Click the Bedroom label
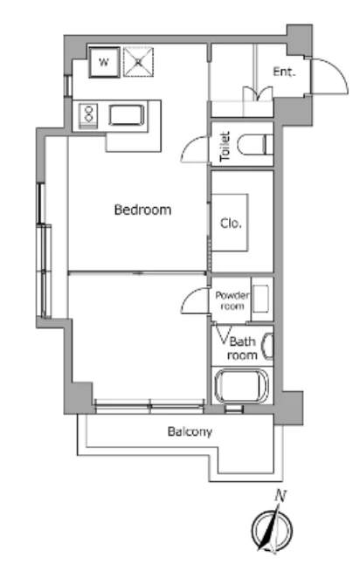click(142, 210)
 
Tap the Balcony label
click(190, 431)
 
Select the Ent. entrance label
click(284, 72)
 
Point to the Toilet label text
click(225, 147)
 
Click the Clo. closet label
click(231, 223)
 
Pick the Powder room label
click(232, 300)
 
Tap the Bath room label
click(242, 347)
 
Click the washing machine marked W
click(104, 62)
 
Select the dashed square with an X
click(138, 62)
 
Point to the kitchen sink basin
click(127, 115)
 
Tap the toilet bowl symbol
click(254, 144)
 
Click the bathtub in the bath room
click(241, 386)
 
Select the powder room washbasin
click(261, 299)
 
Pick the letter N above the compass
click(280, 496)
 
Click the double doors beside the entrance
click(258, 93)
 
